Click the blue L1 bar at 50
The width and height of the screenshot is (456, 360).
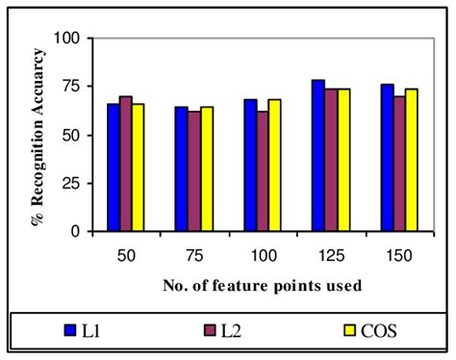pyautogui.click(x=113, y=167)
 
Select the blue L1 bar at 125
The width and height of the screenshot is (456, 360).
pyautogui.click(x=317, y=156)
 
